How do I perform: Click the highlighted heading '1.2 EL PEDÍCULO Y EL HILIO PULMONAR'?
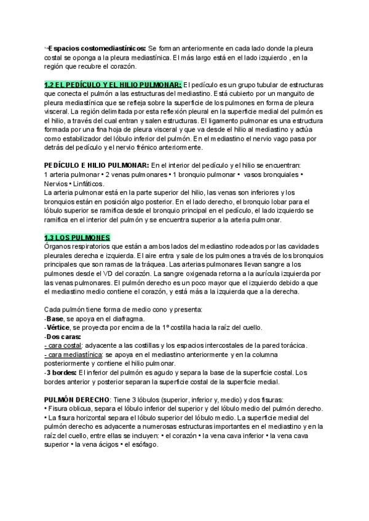click(113, 84)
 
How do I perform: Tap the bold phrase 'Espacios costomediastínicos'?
click(97, 48)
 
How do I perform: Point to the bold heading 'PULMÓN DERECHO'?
click(77, 398)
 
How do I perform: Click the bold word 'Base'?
click(55, 319)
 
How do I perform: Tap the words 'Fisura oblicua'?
click(69, 408)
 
